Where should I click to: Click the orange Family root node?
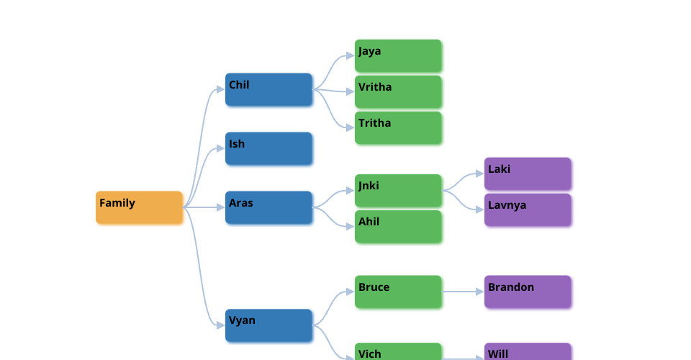coord(139,207)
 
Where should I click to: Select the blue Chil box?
coord(268,89)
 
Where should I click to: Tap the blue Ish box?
coord(268,148)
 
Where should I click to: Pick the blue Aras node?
coord(268,207)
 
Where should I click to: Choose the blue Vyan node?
coord(268,325)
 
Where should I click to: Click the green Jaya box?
coord(398,55)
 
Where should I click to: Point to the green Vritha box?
coord(398,91)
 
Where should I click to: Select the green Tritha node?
coord(398,127)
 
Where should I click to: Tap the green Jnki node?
coord(398,190)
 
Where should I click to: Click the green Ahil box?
coord(398,226)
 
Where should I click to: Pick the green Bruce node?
coord(398,292)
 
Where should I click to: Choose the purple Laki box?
coord(528,174)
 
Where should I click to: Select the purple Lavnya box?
coord(528,210)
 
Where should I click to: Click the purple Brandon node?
coord(528,292)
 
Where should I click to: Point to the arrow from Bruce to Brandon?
coord(462,292)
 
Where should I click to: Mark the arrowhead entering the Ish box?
coord(220,148)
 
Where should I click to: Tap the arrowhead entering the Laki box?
coord(479,174)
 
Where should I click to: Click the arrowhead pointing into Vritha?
coord(350,91)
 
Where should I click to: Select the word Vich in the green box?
coord(370,354)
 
